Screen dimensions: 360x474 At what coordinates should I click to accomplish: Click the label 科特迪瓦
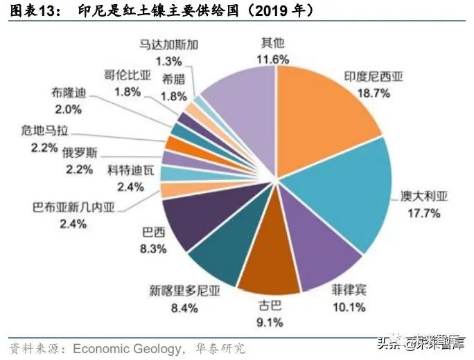click(x=125, y=170)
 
